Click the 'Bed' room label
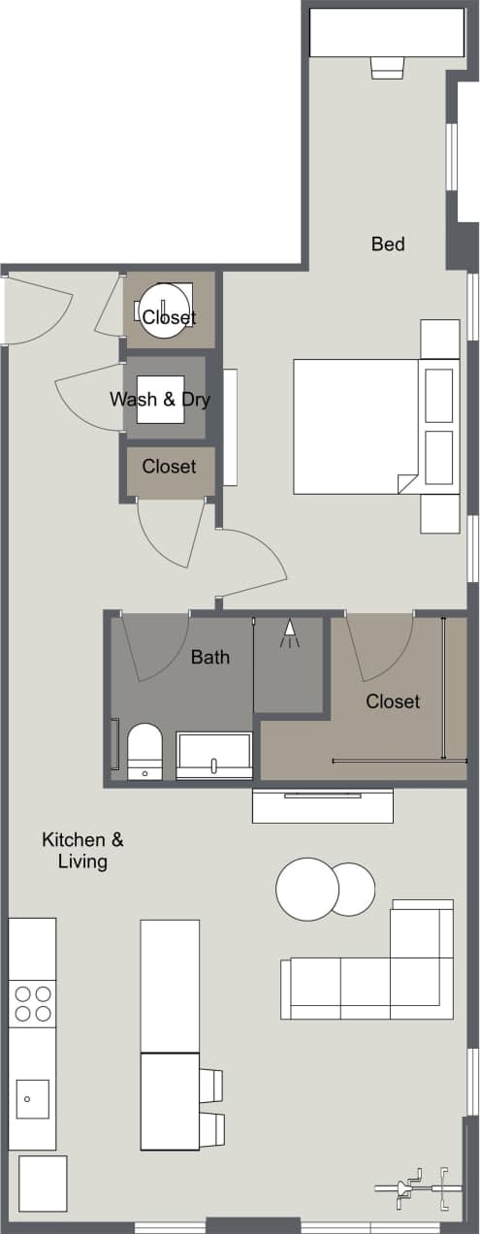coord(388,244)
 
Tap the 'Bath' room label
coord(210,657)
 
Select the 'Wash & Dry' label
coord(160,399)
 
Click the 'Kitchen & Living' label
coord(82,850)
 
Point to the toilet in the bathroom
coord(145,751)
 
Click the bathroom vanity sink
coord(214,757)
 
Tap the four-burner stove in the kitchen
coord(32,1003)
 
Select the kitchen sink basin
coord(31,1098)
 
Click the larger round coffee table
coord(306,889)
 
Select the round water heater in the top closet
coord(165,310)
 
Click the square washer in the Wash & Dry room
coord(160,400)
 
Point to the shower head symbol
coord(288,633)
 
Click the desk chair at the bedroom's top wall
coord(386,66)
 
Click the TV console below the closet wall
coord(322,805)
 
